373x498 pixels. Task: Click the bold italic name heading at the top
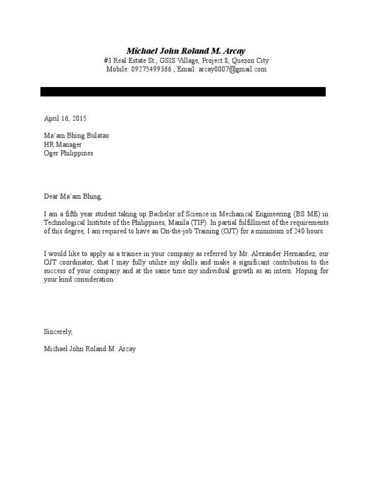(186, 51)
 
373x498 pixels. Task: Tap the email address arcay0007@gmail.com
(232, 70)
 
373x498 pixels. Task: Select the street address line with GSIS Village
(186, 61)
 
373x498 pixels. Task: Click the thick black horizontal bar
(183, 92)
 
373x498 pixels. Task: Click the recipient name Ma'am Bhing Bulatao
(76, 136)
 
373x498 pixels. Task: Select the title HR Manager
(63, 144)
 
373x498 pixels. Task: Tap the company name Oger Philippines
(68, 153)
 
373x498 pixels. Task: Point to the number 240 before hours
(300, 231)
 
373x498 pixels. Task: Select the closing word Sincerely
(58, 332)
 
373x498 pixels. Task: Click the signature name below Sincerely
(90, 349)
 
